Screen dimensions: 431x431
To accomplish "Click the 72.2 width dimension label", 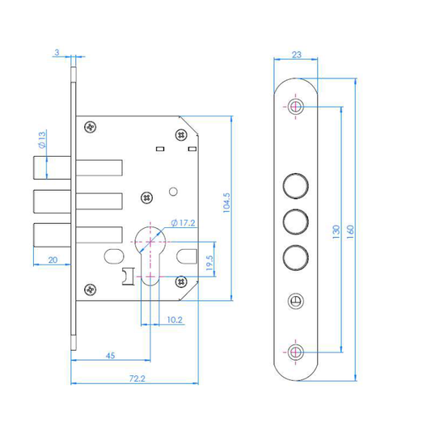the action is [137, 378].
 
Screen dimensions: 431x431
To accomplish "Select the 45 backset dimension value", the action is [110, 356].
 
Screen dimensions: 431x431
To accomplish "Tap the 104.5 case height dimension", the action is [226, 203].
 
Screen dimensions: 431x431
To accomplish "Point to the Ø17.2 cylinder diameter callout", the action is [183, 222].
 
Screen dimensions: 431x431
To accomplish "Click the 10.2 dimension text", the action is [175, 319].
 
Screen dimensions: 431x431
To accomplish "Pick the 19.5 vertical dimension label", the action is [209, 263].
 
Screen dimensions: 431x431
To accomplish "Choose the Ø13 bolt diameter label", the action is [42, 140].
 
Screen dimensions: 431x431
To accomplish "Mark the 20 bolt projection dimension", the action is [53, 260].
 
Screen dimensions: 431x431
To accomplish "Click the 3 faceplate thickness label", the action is [57, 53].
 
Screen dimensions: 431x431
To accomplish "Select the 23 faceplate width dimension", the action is [297, 55].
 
